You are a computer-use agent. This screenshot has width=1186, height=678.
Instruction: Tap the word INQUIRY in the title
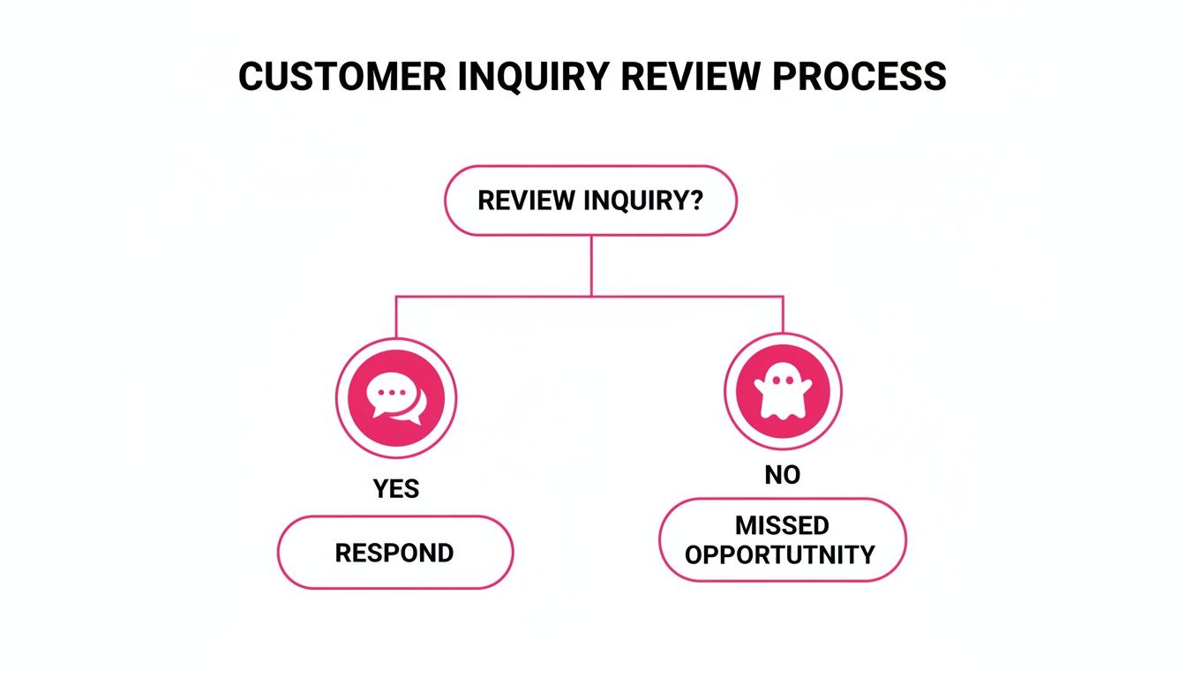pos(533,77)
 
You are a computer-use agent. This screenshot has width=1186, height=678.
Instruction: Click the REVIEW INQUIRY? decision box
pos(590,200)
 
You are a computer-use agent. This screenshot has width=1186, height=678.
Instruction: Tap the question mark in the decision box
pos(695,200)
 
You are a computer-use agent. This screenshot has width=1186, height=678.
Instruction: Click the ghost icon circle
pos(783,392)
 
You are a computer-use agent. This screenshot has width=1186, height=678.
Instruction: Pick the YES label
pos(395,488)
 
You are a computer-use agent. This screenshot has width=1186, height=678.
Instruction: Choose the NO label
pos(783,475)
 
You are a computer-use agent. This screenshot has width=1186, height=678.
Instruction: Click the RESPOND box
pos(394,553)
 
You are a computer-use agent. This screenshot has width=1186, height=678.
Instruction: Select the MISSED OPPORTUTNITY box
pos(783,539)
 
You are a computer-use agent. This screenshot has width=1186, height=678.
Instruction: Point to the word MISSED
pos(782,526)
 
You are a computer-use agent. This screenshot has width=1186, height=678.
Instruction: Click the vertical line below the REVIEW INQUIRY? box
pos(591,265)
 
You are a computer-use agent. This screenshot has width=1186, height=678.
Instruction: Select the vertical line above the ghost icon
pos(783,314)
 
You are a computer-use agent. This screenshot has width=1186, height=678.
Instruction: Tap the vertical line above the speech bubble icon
pos(396,318)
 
